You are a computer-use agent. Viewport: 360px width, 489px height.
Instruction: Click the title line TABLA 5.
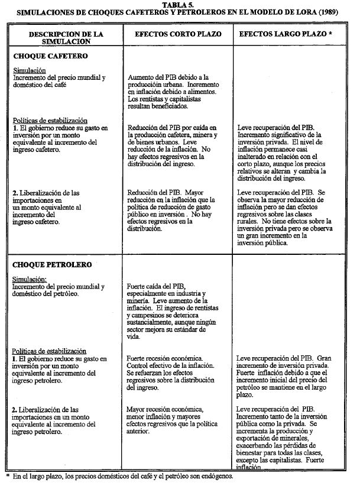click(x=180, y=4)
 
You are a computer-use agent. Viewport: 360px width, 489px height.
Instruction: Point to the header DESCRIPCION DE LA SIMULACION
click(x=66, y=38)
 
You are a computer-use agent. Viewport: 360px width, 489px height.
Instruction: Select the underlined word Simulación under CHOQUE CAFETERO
click(x=29, y=70)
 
